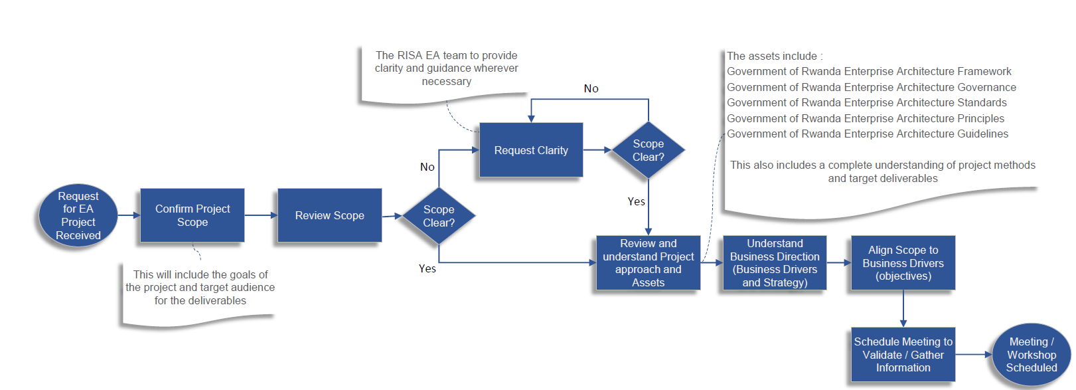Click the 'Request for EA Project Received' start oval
tap(78, 216)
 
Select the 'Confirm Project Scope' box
tap(192, 215)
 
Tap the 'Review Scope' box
tap(329, 215)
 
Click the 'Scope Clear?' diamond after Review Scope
tap(439, 216)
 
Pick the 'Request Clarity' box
tap(531, 150)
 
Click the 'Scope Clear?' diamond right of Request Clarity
tap(648, 150)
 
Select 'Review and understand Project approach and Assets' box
tap(648, 263)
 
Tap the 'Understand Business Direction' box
tap(775, 263)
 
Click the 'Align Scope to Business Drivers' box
tap(903, 263)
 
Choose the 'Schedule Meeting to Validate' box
tap(903, 355)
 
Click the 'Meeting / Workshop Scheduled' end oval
tap(1031, 355)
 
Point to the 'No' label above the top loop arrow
tap(591, 89)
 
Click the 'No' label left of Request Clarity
tap(427, 167)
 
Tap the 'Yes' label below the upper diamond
tap(636, 202)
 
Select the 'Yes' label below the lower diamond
tap(427, 269)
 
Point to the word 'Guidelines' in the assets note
tap(982, 134)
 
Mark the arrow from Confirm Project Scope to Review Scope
tap(261, 215)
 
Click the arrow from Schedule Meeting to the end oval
tap(974, 355)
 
